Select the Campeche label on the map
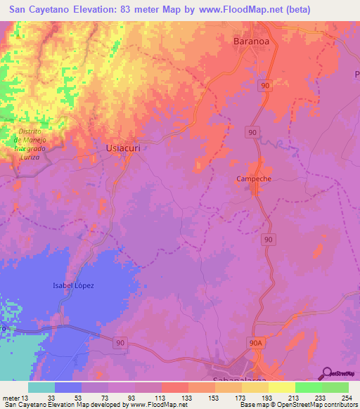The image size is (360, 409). point(254,178)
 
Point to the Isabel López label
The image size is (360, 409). point(73,285)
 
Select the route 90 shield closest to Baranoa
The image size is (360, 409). point(264,85)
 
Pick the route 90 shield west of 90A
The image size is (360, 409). point(121,342)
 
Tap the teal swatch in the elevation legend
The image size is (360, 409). point(41,387)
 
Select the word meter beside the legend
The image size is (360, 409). point(10,397)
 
